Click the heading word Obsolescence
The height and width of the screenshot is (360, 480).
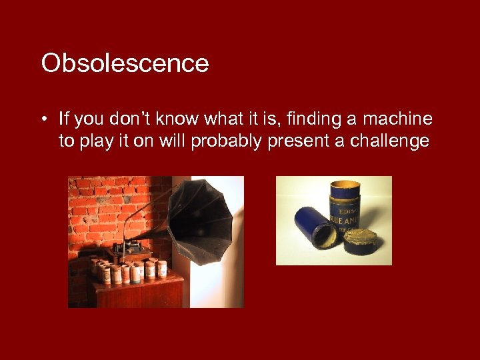pos(125,64)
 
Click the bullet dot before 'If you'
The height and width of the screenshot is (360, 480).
pos(43,120)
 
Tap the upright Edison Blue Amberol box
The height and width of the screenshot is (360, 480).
pos(345,213)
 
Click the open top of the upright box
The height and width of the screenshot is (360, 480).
pos(345,185)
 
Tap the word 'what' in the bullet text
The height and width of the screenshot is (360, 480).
pos(224,119)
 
